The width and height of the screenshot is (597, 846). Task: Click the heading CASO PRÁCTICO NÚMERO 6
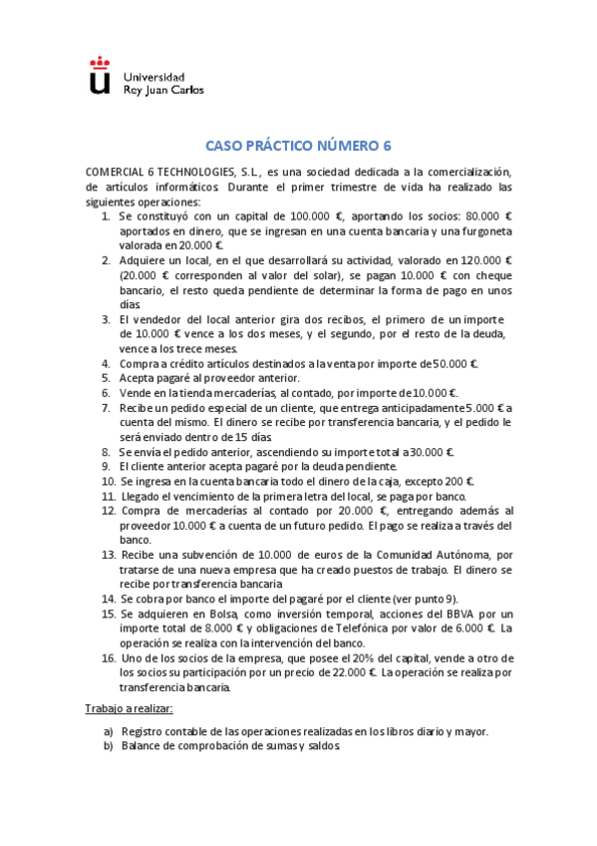point(299,145)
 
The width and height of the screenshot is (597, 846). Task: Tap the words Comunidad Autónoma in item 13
point(436,554)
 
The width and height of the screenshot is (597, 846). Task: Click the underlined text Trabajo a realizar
point(130,708)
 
